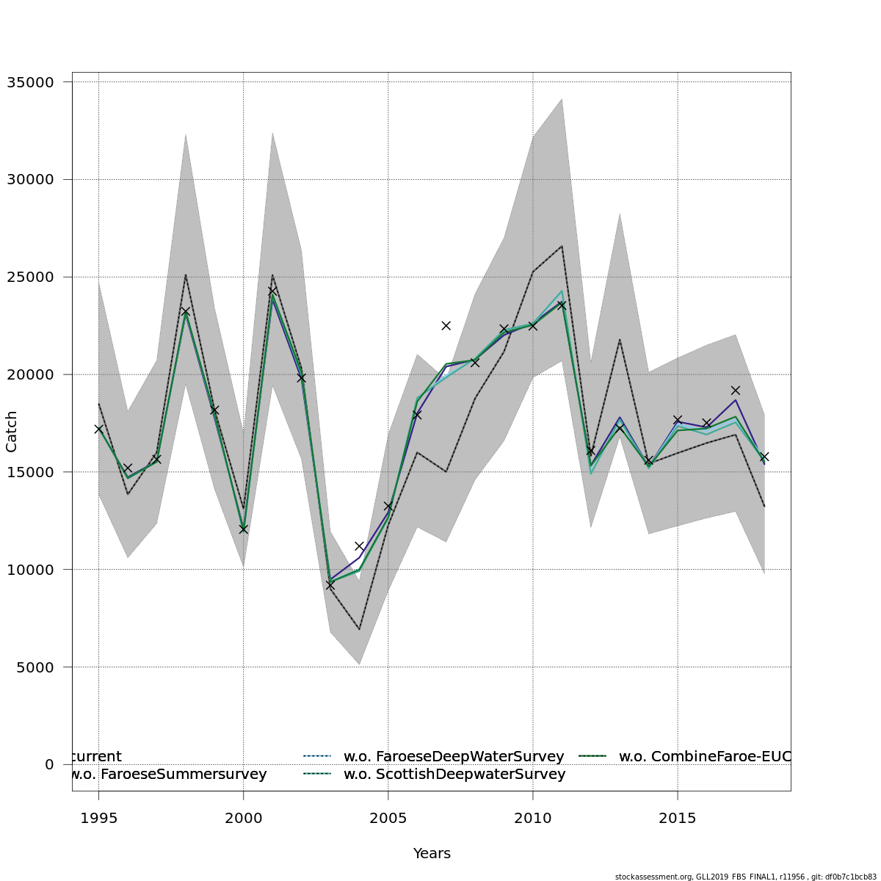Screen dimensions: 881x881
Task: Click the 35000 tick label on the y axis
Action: pos(30,82)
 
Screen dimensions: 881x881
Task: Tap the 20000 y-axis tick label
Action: pos(30,374)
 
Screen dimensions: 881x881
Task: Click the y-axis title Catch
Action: pos(12,432)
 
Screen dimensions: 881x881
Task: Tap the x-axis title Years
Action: pos(432,854)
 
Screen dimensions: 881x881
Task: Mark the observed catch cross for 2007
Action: pos(446,325)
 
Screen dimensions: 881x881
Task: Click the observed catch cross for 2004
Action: pos(359,546)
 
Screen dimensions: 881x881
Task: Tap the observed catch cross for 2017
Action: pos(735,390)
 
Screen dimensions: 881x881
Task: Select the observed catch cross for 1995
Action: pos(98,429)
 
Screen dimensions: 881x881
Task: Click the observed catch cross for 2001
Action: pos(272,290)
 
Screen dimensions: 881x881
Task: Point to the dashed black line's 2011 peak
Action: pos(562,246)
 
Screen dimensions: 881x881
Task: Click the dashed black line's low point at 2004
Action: pos(359,629)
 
